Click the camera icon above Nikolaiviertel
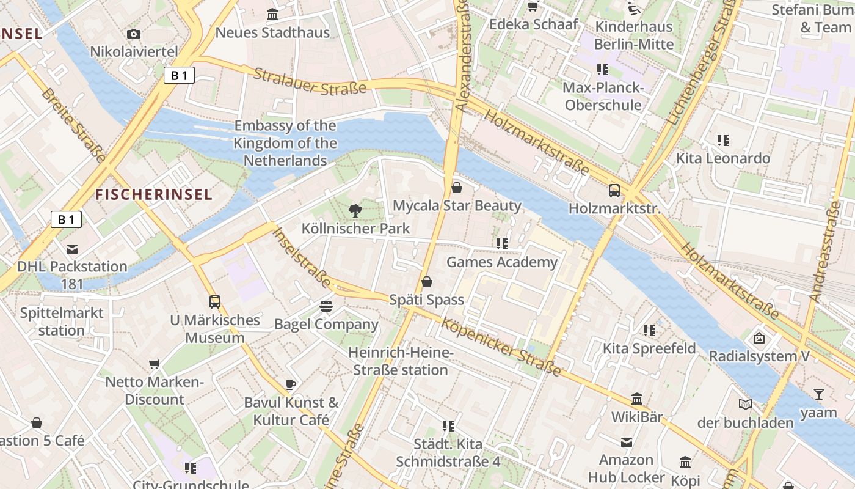point(134,34)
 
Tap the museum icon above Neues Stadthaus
point(272,15)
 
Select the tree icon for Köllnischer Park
point(355,211)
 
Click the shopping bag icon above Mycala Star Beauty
point(457,188)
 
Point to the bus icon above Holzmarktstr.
point(614,191)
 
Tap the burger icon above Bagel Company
point(326,306)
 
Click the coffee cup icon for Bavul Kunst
point(291,384)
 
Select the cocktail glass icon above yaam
point(819,394)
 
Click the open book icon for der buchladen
point(746,405)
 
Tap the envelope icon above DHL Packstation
point(72,249)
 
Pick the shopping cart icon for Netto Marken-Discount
point(155,364)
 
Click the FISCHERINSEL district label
point(154,194)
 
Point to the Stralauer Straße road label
point(310,81)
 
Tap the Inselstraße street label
point(302,257)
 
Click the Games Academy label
point(502,262)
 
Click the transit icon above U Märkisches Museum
point(215,302)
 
